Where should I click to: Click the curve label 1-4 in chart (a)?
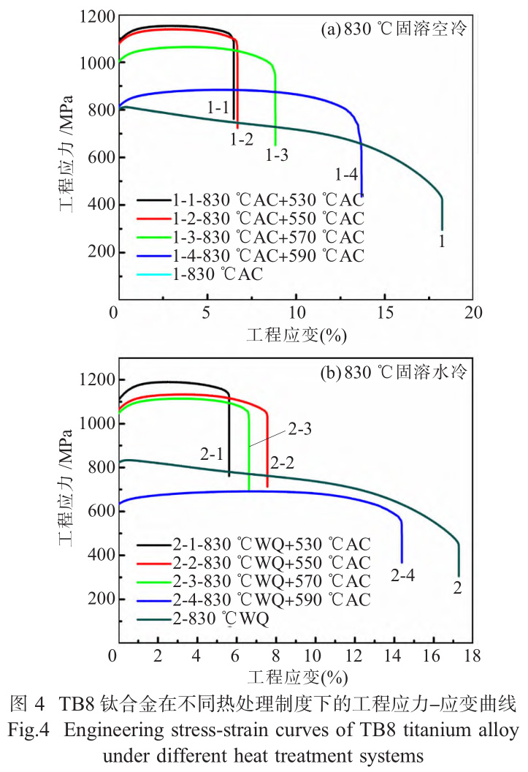[x=346, y=174]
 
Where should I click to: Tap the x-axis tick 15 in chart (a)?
[x=385, y=314]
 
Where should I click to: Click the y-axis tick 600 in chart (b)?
[x=97, y=512]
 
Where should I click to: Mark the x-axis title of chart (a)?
[x=296, y=336]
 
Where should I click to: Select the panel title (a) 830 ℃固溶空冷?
[x=394, y=30]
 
